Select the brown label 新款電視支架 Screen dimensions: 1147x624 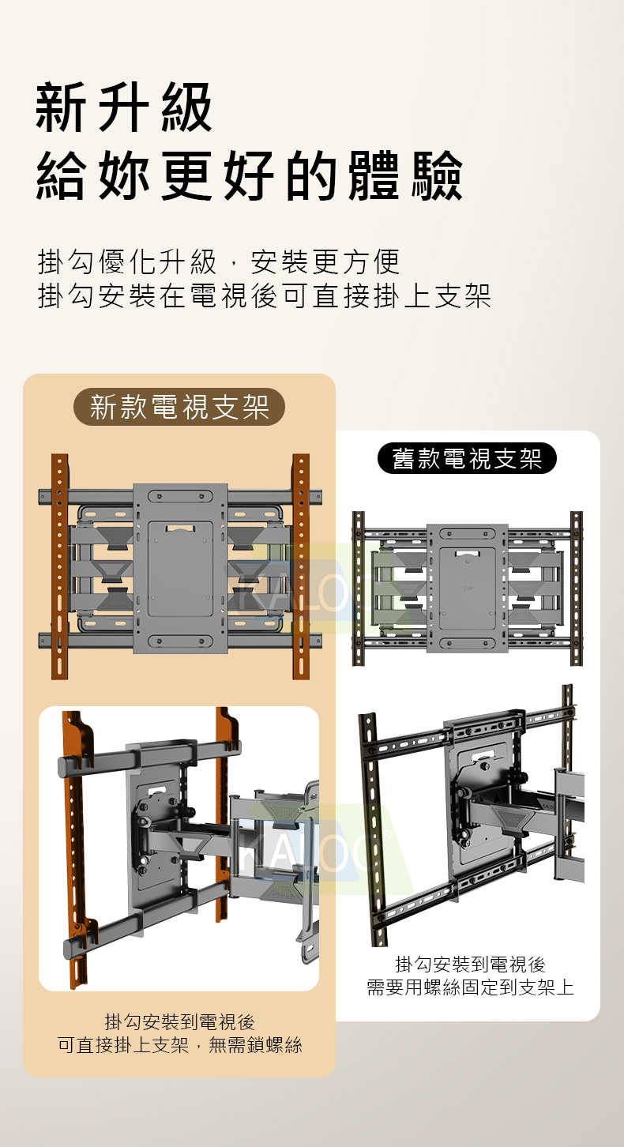point(179,407)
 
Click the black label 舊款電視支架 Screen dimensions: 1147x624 point(467,458)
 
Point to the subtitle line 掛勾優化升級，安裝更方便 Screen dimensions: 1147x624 point(219,261)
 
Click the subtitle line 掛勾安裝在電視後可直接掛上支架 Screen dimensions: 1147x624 point(264,295)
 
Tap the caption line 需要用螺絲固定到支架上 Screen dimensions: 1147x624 point(470,987)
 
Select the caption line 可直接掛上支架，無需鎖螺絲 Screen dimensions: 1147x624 point(179,1045)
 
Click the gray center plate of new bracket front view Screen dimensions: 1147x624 point(180,567)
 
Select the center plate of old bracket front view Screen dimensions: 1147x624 point(468,588)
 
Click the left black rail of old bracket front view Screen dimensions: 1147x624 point(359,588)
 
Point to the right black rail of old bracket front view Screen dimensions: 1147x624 point(576,588)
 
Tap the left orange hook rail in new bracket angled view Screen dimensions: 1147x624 point(76,845)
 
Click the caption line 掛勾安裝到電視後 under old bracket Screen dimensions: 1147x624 point(470,964)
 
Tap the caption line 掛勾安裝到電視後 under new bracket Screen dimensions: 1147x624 point(179,1021)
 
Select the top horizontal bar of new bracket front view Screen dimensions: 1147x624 point(103,497)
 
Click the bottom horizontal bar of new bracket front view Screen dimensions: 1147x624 point(103,641)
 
